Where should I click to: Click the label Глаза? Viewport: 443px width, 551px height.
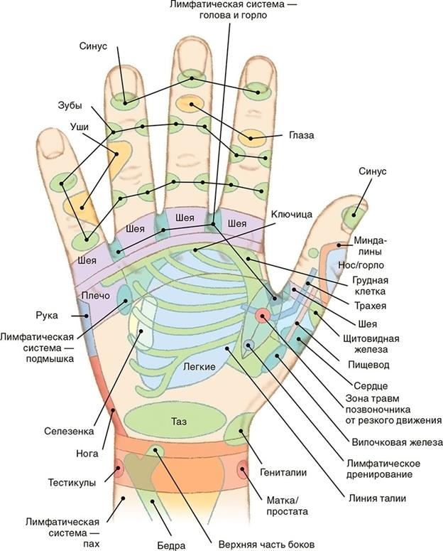pyautogui.click(x=301, y=135)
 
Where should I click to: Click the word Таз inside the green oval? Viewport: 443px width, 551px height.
pyautogui.click(x=178, y=422)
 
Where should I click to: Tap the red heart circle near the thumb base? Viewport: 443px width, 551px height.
pyautogui.click(x=262, y=316)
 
